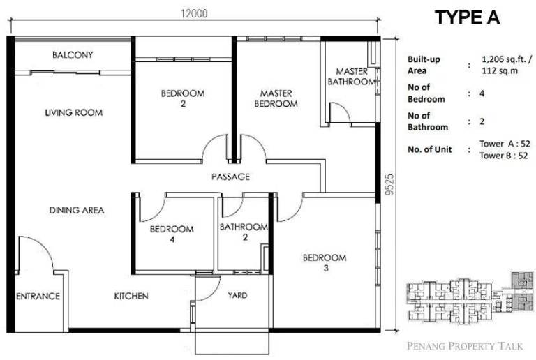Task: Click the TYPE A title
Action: pos(468,17)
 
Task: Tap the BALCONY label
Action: pos(73,54)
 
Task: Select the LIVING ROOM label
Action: pos(74,112)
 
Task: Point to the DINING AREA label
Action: pos(77,210)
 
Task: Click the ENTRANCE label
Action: pos(38,296)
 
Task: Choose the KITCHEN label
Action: pos(131,296)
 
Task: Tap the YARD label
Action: pos(237,295)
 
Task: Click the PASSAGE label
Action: pos(230,177)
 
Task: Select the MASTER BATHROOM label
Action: pos(352,77)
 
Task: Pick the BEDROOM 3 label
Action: pos(325,262)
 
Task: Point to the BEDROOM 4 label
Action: pos(172,234)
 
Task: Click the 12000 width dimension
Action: pos(194,14)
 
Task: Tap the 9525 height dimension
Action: pos(389,184)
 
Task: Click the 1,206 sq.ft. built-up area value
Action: pos(507,59)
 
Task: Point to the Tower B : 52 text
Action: pos(503,156)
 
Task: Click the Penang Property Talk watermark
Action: pos(465,346)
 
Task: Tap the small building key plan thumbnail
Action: pos(470,297)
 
